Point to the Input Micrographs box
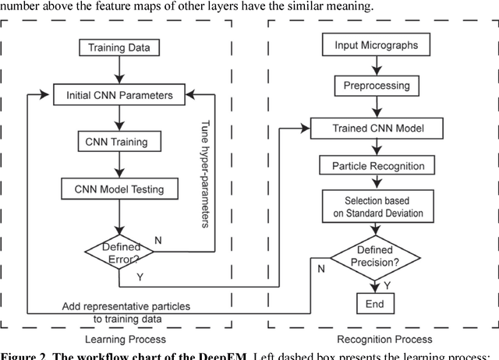coord(377,45)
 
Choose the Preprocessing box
coord(377,84)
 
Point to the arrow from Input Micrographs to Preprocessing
coord(377,65)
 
